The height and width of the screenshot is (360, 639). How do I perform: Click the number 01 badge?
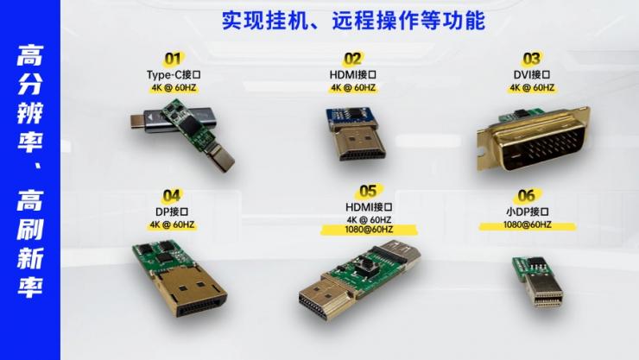(173, 60)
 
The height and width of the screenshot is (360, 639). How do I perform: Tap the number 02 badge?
(352, 60)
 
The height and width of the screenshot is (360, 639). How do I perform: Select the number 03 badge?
(531, 60)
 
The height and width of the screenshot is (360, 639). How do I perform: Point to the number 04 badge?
(172, 197)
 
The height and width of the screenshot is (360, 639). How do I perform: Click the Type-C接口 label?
(173, 74)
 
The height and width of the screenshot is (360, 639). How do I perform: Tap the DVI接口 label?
(531, 74)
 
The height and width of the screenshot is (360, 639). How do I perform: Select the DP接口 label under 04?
(172, 212)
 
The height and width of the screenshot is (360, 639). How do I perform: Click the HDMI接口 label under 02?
(352, 74)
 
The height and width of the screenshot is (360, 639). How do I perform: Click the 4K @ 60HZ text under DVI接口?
(531, 87)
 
